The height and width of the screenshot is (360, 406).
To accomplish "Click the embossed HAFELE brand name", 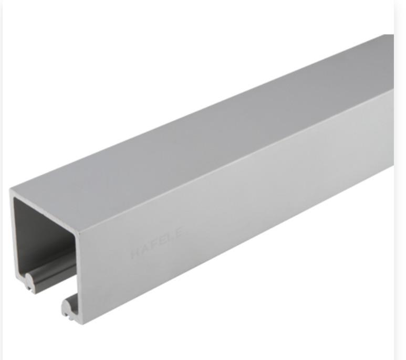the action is point(157,242).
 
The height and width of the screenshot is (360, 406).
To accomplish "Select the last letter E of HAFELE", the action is point(180,231).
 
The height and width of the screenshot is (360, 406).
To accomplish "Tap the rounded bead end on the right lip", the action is point(66,306).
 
